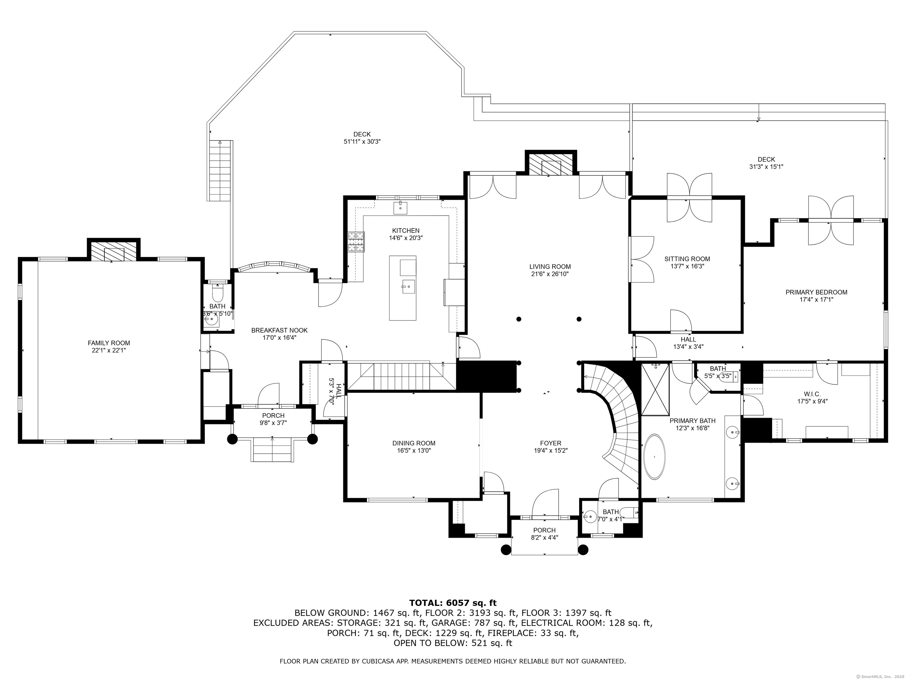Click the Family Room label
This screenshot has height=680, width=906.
tap(109, 343)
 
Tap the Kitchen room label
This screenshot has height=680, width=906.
tap(406, 231)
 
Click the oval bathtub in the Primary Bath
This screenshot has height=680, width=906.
tap(655, 457)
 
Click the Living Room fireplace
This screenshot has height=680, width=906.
tap(551, 164)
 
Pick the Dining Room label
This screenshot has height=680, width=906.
tap(414, 443)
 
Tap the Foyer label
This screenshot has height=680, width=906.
tap(551, 443)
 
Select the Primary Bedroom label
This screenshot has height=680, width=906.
tap(816, 292)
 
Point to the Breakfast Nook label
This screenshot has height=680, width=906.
tap(279, 330)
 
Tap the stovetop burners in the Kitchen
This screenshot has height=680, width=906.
tap(356, 242)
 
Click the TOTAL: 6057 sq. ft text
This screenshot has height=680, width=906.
tap(453, 603)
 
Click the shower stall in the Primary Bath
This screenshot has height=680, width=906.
tap(655, 389)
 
